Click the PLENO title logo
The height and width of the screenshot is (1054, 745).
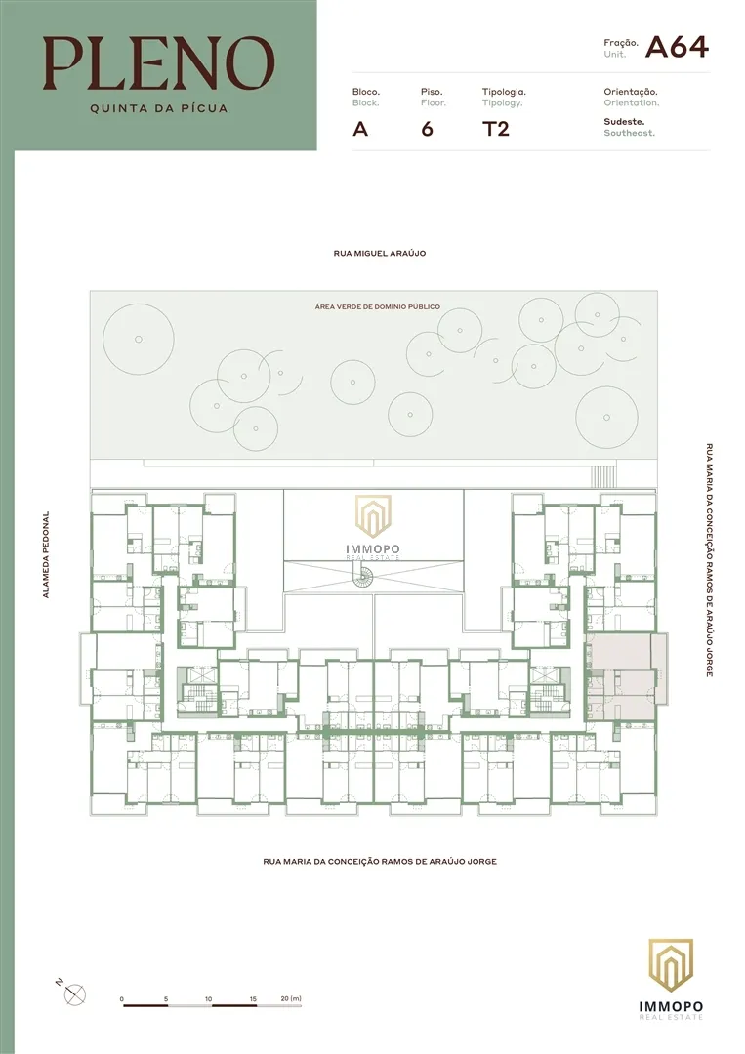pos(159,63)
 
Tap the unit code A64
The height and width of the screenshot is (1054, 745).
pos(677,47)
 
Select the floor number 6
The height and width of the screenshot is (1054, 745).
pos(427,129)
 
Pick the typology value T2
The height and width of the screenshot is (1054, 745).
pos(496,129)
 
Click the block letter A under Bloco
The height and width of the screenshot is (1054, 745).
pos(360,129)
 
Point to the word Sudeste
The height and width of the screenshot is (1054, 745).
pos(624,122)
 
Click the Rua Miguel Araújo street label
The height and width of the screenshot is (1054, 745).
pos(379,254)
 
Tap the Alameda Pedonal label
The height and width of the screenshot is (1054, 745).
pos(46,554)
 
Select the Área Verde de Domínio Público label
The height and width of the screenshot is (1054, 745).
pos(377,306)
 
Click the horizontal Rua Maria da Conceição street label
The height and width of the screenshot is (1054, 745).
pos(380,861)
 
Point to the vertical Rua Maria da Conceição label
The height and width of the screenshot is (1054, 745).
pos(709,559)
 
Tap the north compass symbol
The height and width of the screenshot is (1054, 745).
pos(74,993)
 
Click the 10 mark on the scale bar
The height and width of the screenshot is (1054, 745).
pos(208,999)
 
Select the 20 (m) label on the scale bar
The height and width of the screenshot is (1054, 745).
pos(291,998)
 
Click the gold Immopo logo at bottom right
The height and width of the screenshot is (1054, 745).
pos(671,979)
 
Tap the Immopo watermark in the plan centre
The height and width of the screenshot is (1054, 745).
pos(373,528)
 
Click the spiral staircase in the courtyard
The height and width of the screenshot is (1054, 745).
pos(365,576)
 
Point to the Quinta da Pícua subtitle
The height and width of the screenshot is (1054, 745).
pos(159,108)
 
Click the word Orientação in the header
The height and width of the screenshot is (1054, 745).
pos(630,92)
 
